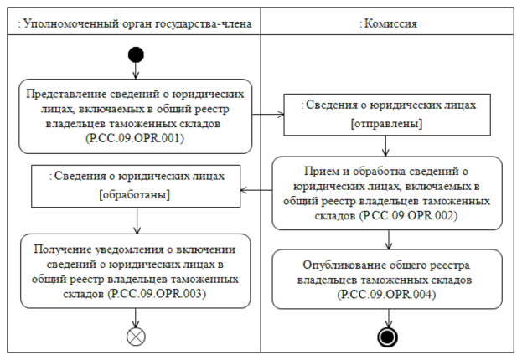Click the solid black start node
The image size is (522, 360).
click(136, 55)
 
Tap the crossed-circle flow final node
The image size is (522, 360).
click(136, 337)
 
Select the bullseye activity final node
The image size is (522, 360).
click(387, 337)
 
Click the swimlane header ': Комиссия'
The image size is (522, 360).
click(388, 23)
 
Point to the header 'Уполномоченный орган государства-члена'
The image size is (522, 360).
click(137, 23)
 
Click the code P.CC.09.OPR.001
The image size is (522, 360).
click(135, 138)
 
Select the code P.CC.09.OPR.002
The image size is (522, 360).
click(409, 216)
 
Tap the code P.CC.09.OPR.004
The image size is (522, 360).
click(387, 295)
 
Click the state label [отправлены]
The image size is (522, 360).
click(387, 124)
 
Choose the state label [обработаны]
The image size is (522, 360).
click(135, 194)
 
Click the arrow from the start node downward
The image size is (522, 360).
click(136, 71)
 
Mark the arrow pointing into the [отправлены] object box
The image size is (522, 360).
click(268, 115)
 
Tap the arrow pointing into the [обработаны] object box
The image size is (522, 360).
click(256, 190)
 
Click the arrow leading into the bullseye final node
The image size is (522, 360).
click(388, 318)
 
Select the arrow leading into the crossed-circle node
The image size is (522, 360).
click(136, 318)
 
